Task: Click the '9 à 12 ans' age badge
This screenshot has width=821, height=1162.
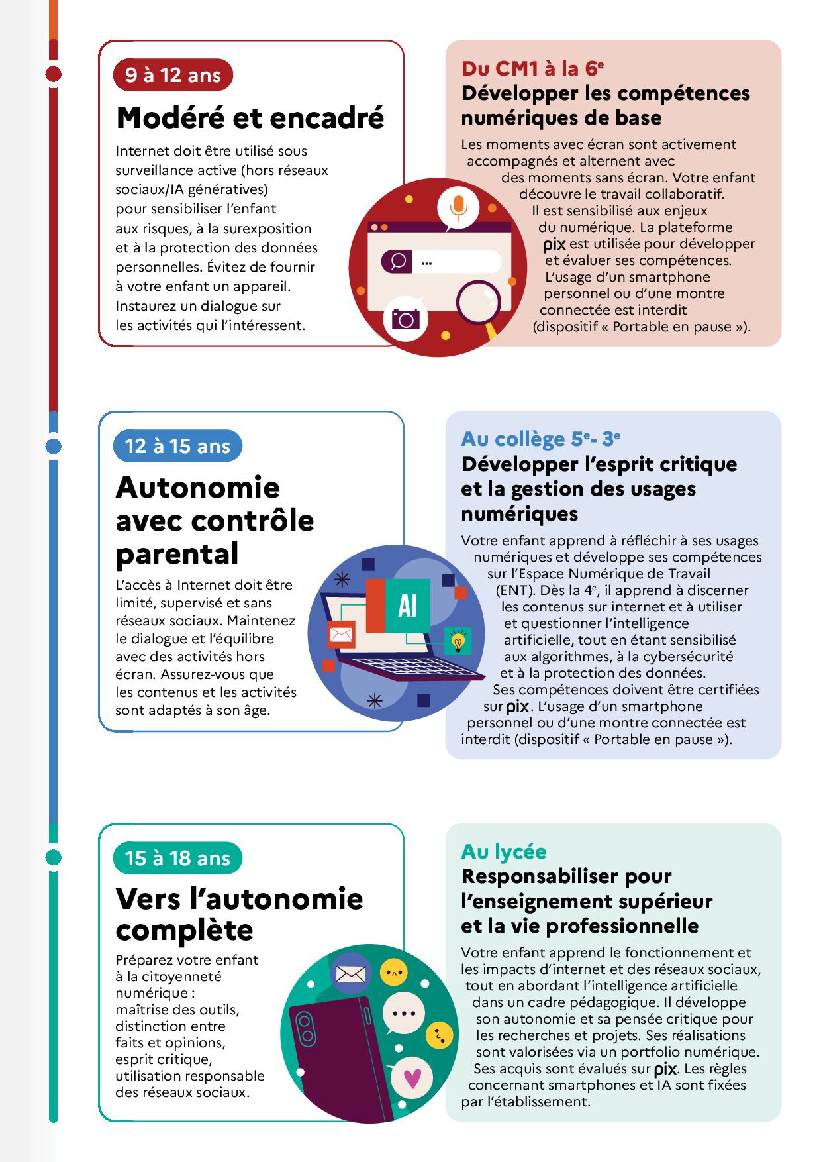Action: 173,75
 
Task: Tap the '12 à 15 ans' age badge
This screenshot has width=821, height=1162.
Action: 177,446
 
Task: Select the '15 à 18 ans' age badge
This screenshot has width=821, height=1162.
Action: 177,859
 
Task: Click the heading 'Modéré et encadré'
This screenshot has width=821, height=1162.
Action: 250,118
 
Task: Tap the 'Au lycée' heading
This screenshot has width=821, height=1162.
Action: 503,851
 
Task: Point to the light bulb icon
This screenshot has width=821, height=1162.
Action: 458,641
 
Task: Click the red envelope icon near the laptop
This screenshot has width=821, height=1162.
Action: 341,635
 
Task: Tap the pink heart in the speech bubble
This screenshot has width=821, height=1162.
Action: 412,1079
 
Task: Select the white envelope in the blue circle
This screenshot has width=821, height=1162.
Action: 350,975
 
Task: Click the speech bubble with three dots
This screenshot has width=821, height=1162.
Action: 403,1013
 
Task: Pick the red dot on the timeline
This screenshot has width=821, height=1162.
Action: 53,74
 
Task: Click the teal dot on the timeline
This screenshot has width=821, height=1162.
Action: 53,857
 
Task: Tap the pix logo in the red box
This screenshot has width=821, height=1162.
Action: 554,244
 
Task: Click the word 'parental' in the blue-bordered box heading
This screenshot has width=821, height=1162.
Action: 177,553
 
